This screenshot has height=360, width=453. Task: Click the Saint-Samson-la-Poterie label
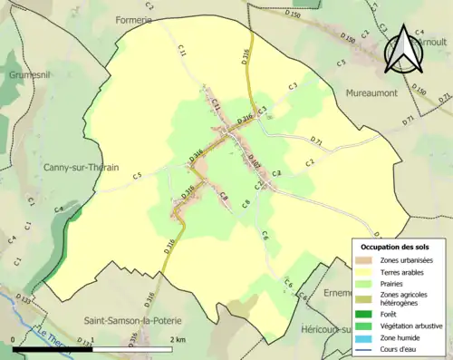point(132,321)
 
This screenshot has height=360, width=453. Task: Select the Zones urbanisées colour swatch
point(366,260)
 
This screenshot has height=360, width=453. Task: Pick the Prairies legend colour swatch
point(366,284)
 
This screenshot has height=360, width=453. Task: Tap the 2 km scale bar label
point(178,340)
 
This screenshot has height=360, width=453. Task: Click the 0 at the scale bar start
point(14,340)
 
